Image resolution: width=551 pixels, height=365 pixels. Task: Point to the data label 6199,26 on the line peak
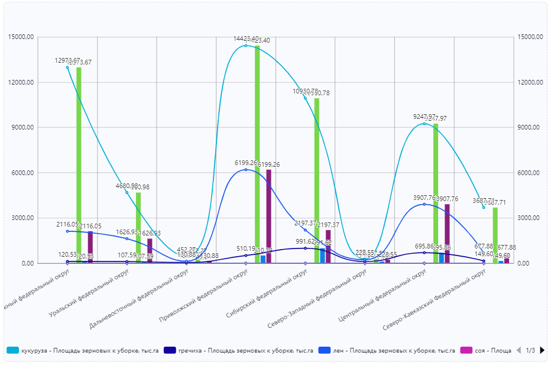click(x=245, y=163)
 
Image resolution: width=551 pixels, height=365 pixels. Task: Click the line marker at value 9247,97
click(x=424, y=124)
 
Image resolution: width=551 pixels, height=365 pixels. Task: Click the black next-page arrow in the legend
click(x=542, y=350)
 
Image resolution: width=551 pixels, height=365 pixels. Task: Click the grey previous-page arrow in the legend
click(x=518, y=350)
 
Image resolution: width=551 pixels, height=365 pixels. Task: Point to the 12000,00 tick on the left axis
click(x=21, y=82)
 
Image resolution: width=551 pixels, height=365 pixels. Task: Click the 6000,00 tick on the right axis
click(x=530, y=173)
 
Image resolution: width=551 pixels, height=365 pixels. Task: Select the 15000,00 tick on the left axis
click(x=21, y=37)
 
